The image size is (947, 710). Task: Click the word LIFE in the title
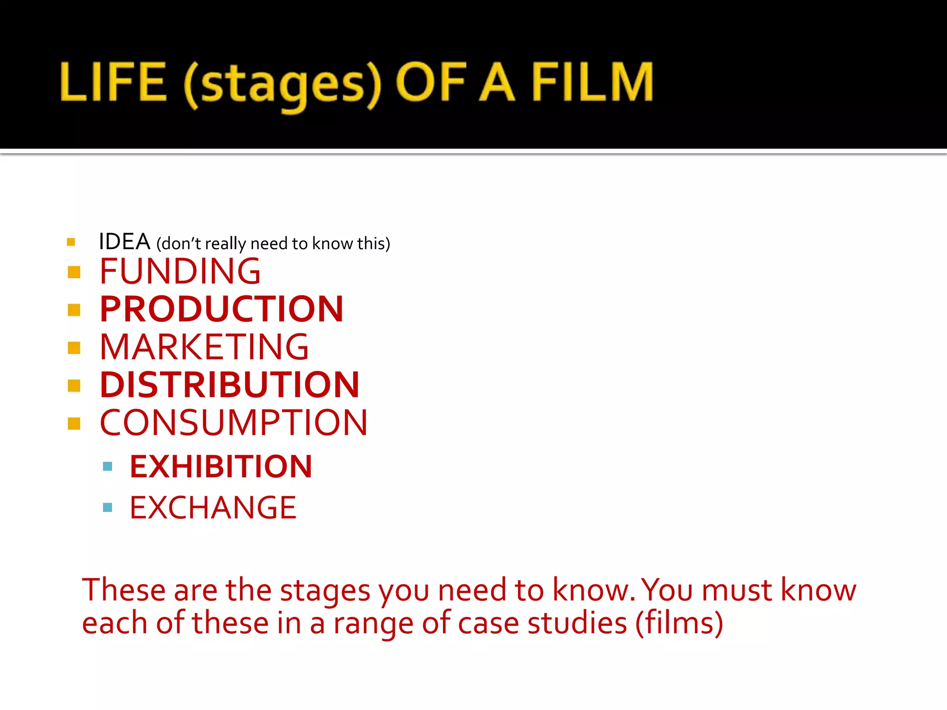coord(113,82)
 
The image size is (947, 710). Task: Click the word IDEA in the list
coord(124,242)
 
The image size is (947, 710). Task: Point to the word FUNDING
coord(180,271)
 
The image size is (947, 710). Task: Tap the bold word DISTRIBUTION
coord(229,385)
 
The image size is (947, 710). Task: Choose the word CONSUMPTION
coord(234,422)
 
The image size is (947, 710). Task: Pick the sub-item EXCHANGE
coord(213,508)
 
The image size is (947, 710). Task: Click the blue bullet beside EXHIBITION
coord(108,466)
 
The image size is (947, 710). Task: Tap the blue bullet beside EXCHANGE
coord(108,508)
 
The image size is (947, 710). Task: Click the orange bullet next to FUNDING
coord(74,272)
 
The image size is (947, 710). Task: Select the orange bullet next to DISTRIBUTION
coord(74,385)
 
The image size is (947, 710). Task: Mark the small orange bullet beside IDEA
coord(71,242)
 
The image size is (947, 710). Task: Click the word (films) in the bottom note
coord(679,623)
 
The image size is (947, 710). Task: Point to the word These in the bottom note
coord(123,590)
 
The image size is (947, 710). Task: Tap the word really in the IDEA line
coord(225,244)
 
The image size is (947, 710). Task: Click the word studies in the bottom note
coord(577,623)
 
